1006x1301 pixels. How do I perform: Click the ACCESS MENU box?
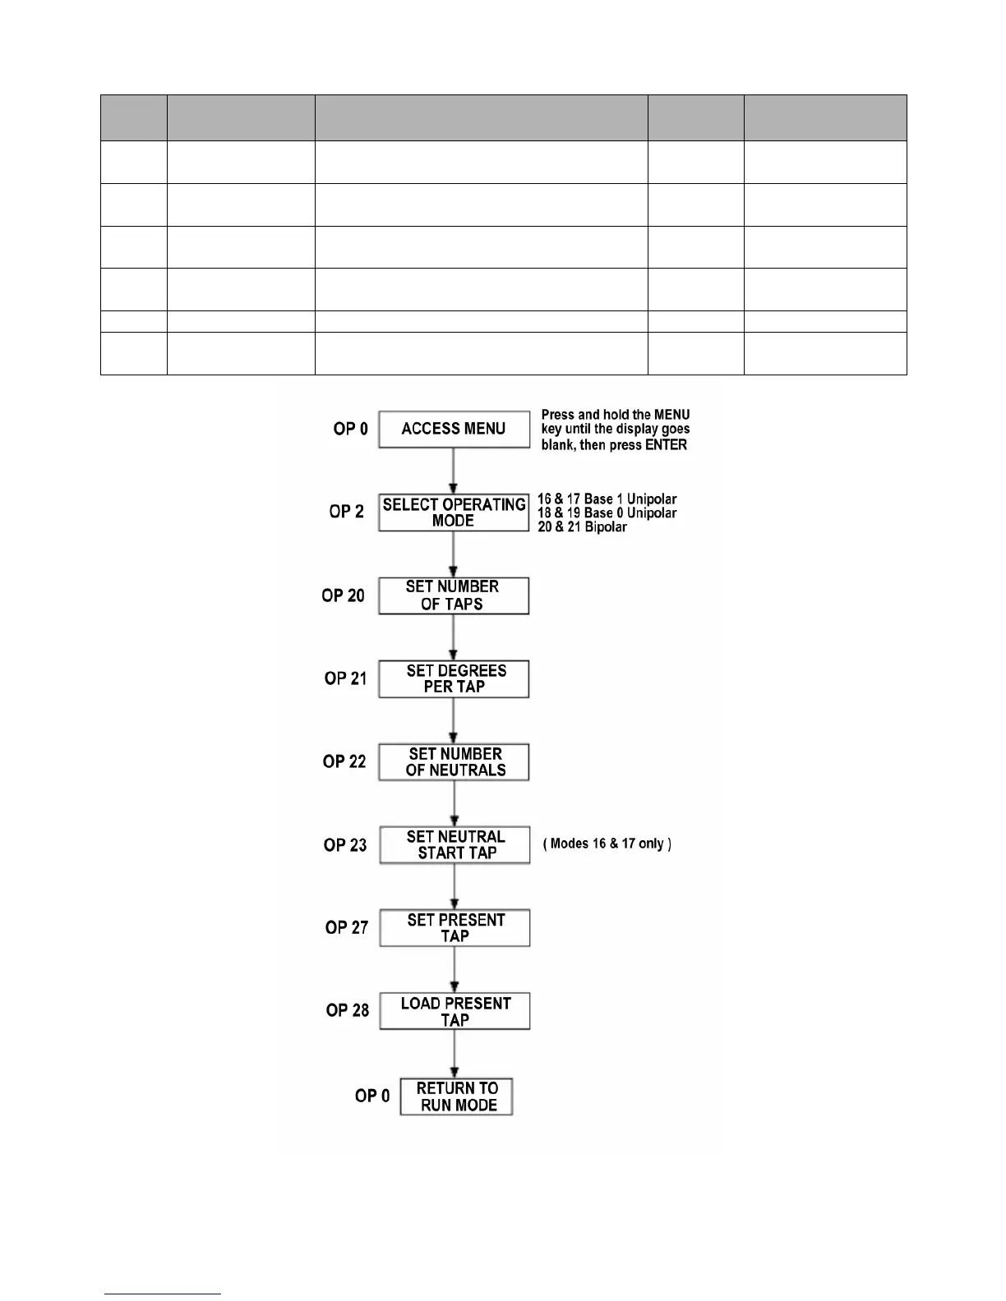pyautogui.click(x=454, y=429)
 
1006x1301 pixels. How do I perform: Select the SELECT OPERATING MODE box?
pyautogui.click(x=454, y=513)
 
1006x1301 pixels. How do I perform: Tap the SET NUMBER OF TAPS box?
pyautogui.click(x=454, y=595)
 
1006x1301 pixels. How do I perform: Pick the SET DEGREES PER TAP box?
pyautogui.click(x=454, y=678)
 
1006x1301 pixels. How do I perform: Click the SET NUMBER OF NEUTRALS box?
pyautogui.click(x=455, y=762)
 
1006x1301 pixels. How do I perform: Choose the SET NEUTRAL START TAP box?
pyautogui.click(x=455, y=845)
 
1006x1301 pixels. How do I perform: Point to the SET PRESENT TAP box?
pyautogui.click(x=455, y=928)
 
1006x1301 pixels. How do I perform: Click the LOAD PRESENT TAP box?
pyautogui.click(x=455, y=1011)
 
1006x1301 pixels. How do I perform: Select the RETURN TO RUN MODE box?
pyautogui.click(x=456, y=1096)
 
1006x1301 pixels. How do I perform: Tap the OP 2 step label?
pyautogui.click(x=346, y=512)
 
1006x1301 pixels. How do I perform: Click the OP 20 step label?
pyautogui.click(x=343, y=595)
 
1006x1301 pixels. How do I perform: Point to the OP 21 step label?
pyautogui.click(x=345, y=678)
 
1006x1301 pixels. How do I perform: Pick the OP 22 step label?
pyautogui.click(x=344, y=761)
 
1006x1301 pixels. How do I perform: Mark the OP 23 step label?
pyautogui.click(x=345, y=845)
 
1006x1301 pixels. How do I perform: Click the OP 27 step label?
pyautogui.click(x=347, y=927)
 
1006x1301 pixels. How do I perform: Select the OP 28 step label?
pyautogui.click(x=348, y=1010)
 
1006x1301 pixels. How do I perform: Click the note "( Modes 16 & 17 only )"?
pyautogui.click(x=607, y=844)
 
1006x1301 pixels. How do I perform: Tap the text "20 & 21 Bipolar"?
pyautogui.click(x=582, y=527)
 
